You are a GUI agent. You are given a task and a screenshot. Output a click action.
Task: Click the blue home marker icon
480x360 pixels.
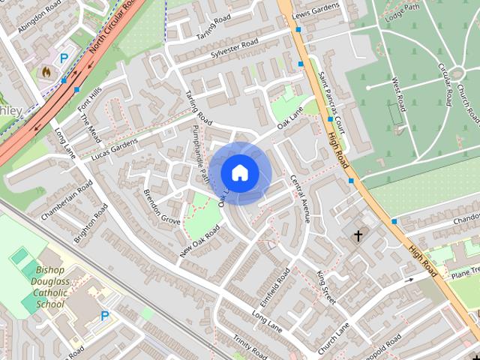(x=239, y=173)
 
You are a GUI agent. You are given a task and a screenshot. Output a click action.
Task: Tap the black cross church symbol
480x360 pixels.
(x=358, y=236)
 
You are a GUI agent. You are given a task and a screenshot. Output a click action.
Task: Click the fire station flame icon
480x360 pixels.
(x=47, y=73)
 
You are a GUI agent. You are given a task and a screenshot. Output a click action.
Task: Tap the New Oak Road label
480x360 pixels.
(x=199, y=241)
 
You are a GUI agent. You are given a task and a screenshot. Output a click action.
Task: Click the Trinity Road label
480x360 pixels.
(x=250, y=346)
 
